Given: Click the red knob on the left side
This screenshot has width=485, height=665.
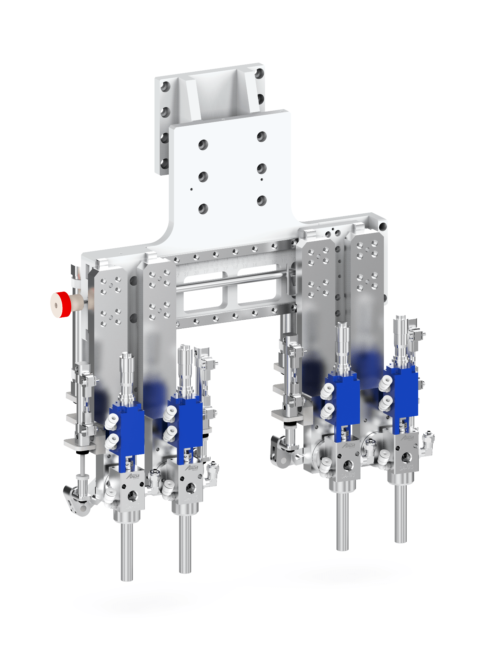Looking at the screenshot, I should pos(61,304).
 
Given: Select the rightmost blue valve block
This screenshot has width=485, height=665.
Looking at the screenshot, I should pos(406,391).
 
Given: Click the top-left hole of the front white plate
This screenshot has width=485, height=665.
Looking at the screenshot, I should pos(203,144).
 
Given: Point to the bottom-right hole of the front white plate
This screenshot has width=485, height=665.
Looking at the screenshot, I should pos(262,201).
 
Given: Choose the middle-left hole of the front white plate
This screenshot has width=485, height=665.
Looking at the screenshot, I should pos(203,177).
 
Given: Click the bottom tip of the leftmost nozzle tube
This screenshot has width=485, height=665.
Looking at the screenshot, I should pos(127,578).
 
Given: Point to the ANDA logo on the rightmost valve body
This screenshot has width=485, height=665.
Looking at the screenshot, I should pos(407,438).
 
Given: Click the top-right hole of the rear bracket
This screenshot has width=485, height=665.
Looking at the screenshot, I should pos(259,74).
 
